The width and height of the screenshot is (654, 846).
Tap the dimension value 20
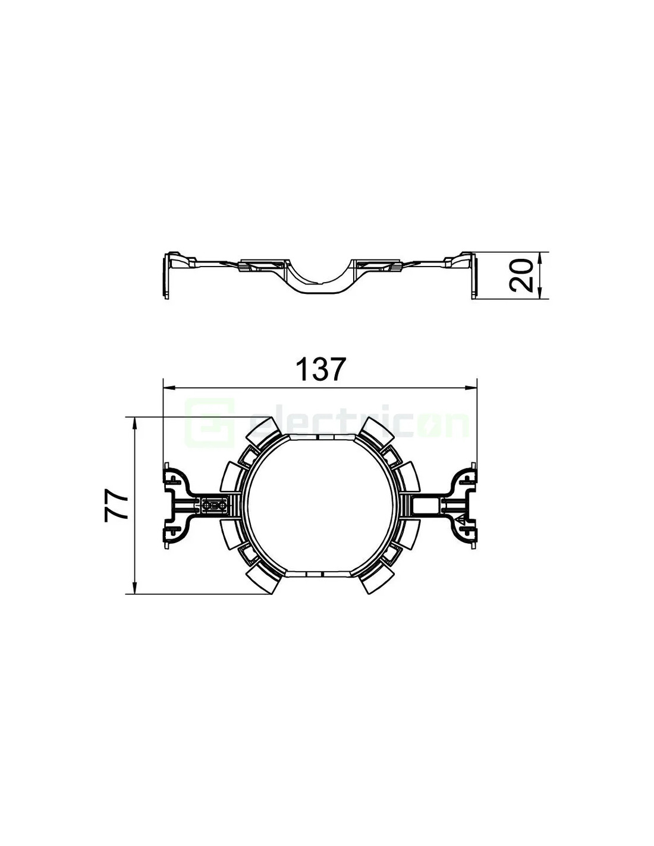coord(521,275)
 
